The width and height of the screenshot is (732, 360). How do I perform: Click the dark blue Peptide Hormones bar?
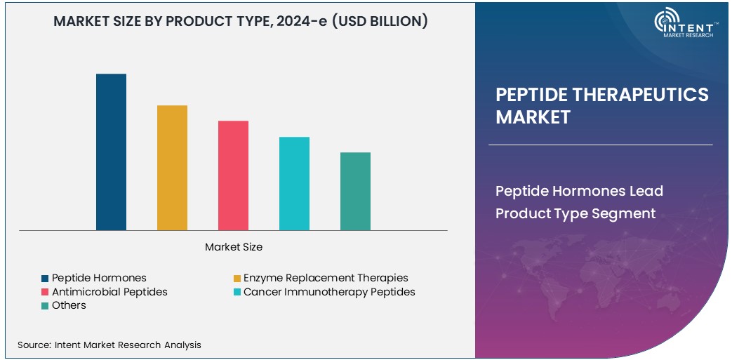click(x=111, y=152)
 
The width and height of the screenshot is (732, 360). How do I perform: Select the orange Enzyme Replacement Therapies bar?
click(x=172, y=168)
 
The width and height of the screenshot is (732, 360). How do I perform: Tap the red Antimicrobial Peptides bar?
click(x=233, y=175)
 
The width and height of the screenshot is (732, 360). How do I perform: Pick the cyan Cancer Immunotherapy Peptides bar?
click(x=294, y=183)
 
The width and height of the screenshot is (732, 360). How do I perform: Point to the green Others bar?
click(x=355, y=191)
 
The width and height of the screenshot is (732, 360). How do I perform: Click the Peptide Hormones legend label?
click(x=99, y=278)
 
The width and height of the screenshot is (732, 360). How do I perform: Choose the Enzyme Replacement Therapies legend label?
click(x=326, y=278)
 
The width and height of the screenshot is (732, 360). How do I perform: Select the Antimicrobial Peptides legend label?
click(x=109, y=291)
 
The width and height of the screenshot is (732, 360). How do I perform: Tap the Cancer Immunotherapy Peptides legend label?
click(x=329, y=291)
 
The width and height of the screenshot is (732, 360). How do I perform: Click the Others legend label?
click(x=69, y=305)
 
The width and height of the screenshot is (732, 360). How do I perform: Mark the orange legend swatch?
click(x=237, y=279)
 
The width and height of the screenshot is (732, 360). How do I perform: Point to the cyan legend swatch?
click(x=237, y=292)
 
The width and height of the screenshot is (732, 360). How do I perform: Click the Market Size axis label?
click(x=234, y=247)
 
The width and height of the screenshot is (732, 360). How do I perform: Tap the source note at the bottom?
click(x=109, y=345)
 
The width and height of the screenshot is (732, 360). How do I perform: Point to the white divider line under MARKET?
click(x=600, y=145)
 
